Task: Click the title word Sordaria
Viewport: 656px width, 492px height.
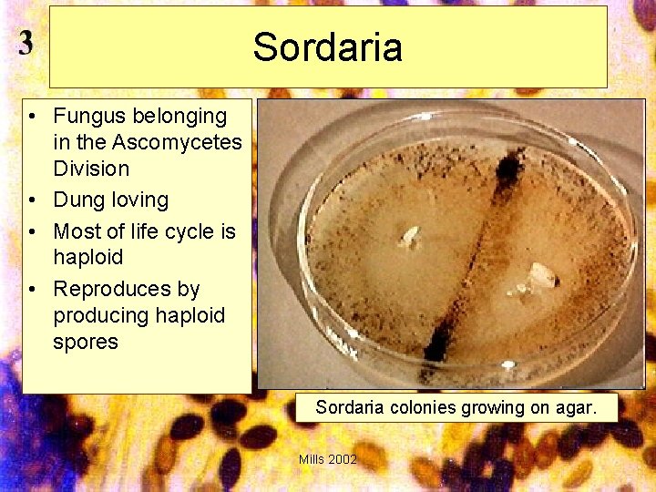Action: coord(327,47)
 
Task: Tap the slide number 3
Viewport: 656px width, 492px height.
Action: coord(26,44)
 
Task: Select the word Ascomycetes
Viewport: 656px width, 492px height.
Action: coord(177,142)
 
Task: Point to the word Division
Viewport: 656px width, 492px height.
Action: coord(91,169)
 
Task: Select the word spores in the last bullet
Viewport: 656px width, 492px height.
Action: coord(86,342)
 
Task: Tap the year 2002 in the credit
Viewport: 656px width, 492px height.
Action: coord(343,459)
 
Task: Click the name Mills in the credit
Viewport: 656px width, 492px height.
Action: coord(312,459)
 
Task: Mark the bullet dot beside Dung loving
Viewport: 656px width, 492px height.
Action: coord(32,200)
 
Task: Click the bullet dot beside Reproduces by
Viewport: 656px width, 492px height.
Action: coord(32,290)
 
